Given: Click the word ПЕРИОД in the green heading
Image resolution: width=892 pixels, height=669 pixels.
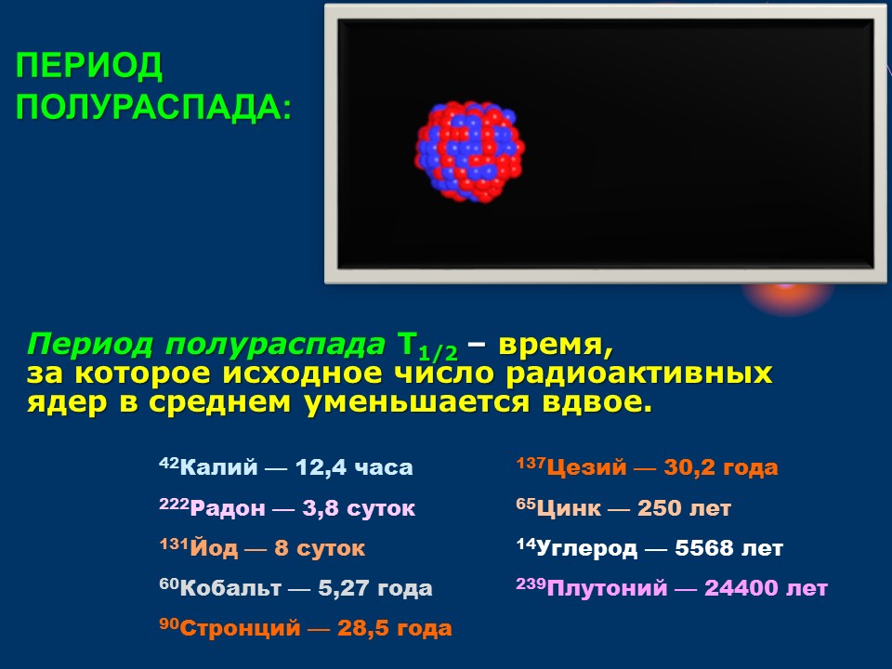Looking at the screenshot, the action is point(89,66).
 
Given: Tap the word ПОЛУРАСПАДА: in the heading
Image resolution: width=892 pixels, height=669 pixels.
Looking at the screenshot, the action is point(153,106).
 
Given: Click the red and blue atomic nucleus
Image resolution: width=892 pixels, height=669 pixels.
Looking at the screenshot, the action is point(469,151).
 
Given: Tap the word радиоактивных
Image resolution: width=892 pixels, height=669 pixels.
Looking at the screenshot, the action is point(639,374).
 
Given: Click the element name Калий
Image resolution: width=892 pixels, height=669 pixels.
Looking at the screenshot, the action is point(219,467).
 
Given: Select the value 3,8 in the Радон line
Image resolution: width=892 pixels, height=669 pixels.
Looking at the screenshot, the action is point(321,507).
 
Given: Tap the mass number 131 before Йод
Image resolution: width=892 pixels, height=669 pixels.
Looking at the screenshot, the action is point(174,544).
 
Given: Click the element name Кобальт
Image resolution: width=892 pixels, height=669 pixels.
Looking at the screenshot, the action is point(230,587).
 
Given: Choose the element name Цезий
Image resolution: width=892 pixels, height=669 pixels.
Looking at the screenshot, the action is point(586,467).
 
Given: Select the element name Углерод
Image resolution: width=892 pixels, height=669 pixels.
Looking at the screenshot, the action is point(586,548).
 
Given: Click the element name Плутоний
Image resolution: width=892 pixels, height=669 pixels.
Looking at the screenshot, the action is point(607,587).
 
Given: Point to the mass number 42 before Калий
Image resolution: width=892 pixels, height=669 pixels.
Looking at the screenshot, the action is point(169,463).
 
